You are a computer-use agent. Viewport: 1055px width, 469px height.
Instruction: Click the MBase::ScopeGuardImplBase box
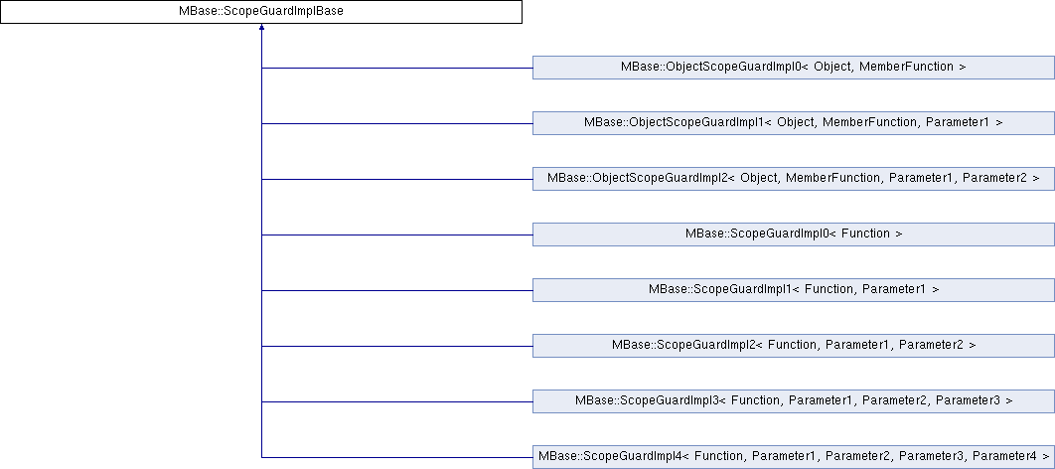[260, 13]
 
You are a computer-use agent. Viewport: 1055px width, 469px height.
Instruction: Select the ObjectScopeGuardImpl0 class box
[793, 68]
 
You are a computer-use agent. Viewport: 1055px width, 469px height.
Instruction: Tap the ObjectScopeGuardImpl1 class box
[793, 123]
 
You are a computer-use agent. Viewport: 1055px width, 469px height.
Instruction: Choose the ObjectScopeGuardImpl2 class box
[793, 179]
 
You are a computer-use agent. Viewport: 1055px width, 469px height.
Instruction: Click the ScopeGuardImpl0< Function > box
[793, 234]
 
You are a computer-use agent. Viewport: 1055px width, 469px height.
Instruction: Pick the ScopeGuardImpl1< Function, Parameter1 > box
[793, 290]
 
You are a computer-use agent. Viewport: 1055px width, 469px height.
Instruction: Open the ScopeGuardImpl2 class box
[793, 346]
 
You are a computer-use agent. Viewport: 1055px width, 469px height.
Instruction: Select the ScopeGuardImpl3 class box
[793, 401]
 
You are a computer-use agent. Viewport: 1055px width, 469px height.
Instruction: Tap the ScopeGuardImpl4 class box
[793, 457]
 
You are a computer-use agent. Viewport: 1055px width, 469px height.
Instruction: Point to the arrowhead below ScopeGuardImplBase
[261, 31]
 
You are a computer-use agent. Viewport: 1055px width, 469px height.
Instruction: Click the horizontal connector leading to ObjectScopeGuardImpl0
[397, 68]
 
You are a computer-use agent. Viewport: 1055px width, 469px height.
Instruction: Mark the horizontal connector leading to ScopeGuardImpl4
[397, 457]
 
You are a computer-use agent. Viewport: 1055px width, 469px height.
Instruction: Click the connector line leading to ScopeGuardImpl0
[397, 234]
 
